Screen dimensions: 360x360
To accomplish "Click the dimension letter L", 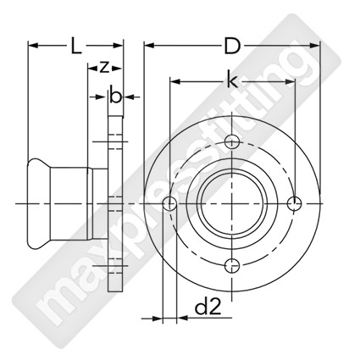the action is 75,47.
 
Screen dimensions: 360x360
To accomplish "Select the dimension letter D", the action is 232,47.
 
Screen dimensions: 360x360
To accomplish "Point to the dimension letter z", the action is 104,68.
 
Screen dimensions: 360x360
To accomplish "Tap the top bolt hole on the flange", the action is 232,141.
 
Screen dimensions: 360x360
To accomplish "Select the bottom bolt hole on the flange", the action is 232,265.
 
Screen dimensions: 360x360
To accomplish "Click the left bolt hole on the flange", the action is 170,203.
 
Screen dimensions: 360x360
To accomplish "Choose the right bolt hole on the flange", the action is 294,203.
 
